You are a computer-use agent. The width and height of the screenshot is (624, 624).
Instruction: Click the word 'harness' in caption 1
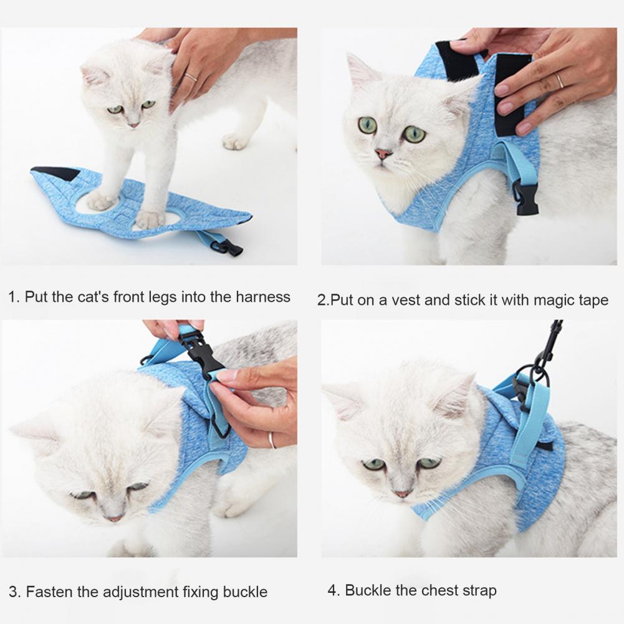tap(263, 297)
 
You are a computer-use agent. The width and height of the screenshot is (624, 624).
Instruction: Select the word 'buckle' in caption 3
tap(245, 592)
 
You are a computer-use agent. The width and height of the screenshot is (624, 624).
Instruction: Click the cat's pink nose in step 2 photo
tap(383, 153)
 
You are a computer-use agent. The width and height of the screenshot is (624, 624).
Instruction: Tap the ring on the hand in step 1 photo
tap(191, 77)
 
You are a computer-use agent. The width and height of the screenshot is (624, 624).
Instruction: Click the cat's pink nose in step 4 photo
tap(402, 494)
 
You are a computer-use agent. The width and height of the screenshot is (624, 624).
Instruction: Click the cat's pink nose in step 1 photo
tap(134, 125)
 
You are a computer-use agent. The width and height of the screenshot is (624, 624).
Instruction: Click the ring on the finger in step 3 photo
tap(272, 440)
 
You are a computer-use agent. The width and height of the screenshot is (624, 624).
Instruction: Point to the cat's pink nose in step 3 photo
tap(115, 519)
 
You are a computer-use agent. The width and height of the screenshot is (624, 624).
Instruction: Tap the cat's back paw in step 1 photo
tap(235, 142)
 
